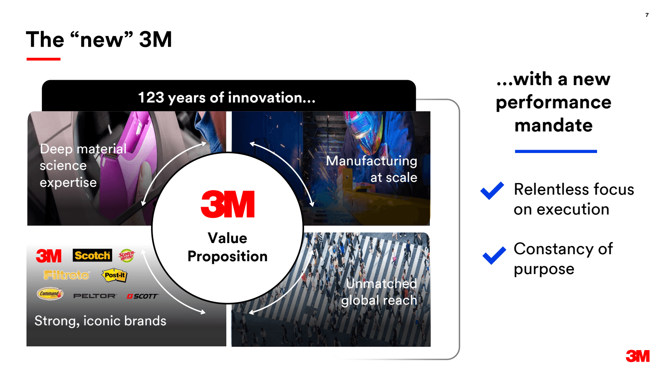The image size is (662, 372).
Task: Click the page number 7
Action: [647, 15]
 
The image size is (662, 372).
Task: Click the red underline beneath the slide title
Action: [43, 59]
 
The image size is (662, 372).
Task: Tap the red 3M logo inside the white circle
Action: [228, 204]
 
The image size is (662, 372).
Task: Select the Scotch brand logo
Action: [92, 255]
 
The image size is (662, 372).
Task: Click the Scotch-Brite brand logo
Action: [127, 255]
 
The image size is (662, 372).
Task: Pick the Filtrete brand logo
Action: [66, 275]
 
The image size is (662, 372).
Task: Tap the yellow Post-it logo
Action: [115, 275]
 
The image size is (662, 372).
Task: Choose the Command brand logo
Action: [50, 294]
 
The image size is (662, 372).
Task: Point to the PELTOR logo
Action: [95, 296]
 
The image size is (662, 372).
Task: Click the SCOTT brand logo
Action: [142, 296]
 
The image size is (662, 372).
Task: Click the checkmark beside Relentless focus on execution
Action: [492, 191]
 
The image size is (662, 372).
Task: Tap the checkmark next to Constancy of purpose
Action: [494, 255]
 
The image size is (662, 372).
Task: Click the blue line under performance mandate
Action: [556, 151]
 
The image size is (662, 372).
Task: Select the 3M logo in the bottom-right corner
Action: [638, 356]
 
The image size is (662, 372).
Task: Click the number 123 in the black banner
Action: [151, 98]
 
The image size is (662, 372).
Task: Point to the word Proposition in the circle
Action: [228, 256]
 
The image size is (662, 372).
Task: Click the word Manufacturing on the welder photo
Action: [372, 161]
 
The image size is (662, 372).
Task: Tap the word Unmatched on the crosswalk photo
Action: [381, 284]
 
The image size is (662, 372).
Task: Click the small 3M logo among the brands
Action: [49, 256]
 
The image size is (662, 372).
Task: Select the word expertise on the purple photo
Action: [68, 183]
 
